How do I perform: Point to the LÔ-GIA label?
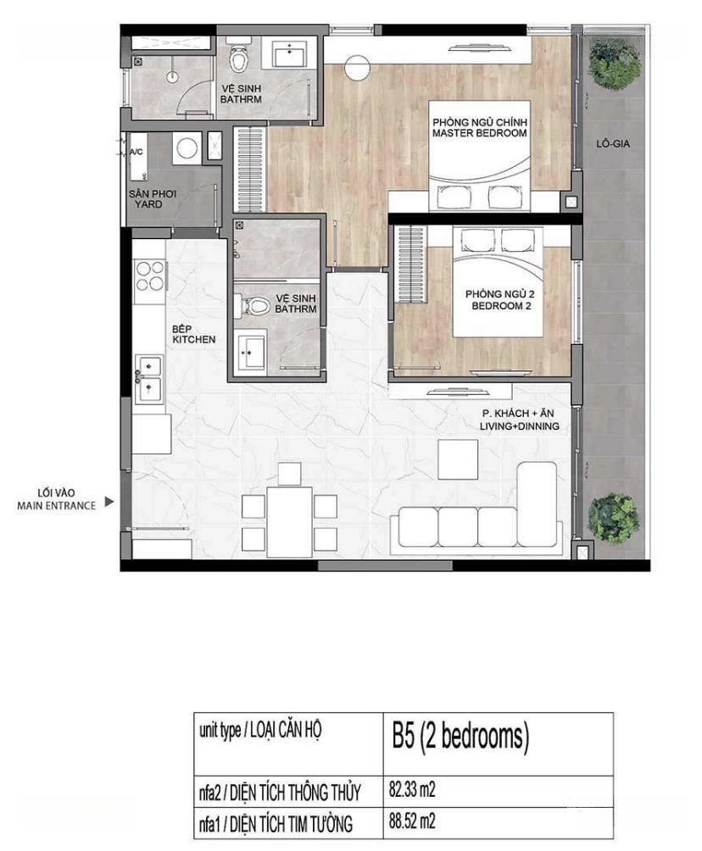pos(612,144)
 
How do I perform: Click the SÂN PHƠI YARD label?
pos(152,198)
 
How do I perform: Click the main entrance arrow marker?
pos(109,502)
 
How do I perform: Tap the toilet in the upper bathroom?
pos(238,57)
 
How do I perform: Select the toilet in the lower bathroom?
pos(253,305)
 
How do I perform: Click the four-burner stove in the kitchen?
pos(150,275)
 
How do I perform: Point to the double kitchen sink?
pos(149,379)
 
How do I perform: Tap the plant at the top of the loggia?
pos(614,63)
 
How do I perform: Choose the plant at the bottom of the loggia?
pos(614,518)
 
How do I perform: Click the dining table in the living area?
pos(289,521)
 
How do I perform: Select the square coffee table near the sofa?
pos(458,459)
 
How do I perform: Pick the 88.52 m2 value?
pos(412,820)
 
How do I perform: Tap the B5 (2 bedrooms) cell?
pos(460,737)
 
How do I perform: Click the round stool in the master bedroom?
pos(357,69)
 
